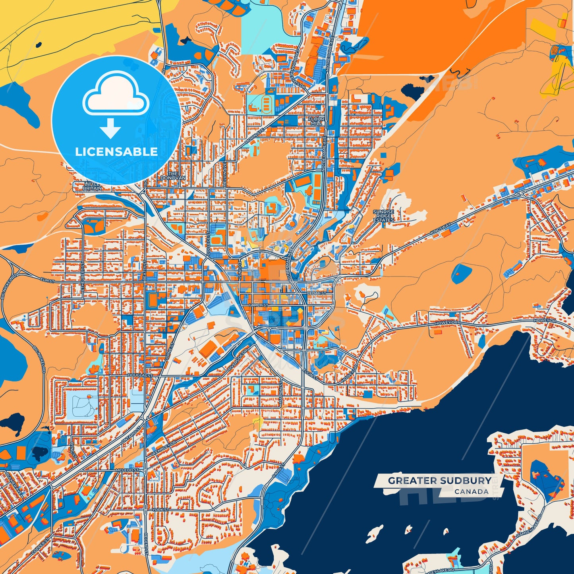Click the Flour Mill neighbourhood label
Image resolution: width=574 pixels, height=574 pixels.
click(317, 121)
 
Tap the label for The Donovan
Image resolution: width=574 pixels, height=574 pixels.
click(173, 176)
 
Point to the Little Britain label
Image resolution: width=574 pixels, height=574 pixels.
click(92, 186)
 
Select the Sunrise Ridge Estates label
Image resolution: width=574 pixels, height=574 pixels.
click(383, 216)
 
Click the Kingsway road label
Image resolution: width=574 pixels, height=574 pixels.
click(441, 229)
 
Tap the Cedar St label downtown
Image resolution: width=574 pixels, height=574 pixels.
click(316, 293)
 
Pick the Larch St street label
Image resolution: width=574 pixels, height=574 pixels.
click(258, 305)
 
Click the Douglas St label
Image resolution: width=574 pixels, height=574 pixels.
click(140, 375)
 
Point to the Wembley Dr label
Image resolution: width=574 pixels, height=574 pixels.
click(163, 448)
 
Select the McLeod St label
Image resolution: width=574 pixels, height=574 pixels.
click(127, 470)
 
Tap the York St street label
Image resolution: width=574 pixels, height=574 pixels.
click(160, 510)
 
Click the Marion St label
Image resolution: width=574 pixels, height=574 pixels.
click(280, 394)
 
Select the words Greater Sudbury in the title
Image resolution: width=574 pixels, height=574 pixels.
click(439, 481)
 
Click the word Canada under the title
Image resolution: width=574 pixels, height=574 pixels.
click(472, 491)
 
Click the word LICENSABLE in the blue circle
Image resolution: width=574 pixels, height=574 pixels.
click(116, 152)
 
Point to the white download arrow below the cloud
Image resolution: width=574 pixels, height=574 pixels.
click(110, 128)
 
